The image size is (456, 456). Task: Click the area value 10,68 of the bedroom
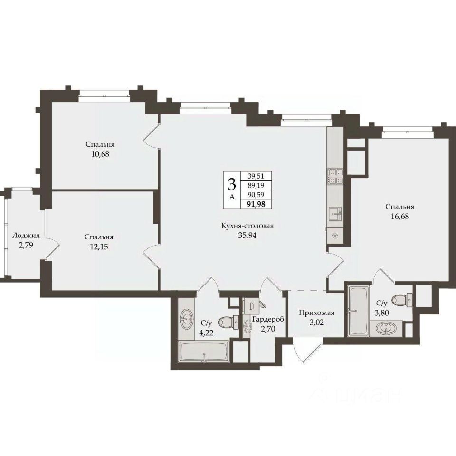coord(100,154)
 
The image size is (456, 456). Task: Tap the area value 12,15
coord(99,247)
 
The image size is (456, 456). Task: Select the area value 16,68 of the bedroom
coord(399,217)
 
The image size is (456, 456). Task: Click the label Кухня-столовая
coord(247,226)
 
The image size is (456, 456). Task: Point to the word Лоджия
coord(26,236)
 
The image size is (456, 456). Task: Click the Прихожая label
coord(317,313)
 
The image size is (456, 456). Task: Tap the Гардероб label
coord(268,319)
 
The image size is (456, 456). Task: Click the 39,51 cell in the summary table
coord(256,176)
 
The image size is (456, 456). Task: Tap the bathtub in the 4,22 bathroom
coord(205,352)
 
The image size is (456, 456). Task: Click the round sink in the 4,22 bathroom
coord(186,318)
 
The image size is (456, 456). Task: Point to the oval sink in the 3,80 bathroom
coord(385,328)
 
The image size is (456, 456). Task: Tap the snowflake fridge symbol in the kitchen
coord(335,235)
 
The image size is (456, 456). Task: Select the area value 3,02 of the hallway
coord(317,322)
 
